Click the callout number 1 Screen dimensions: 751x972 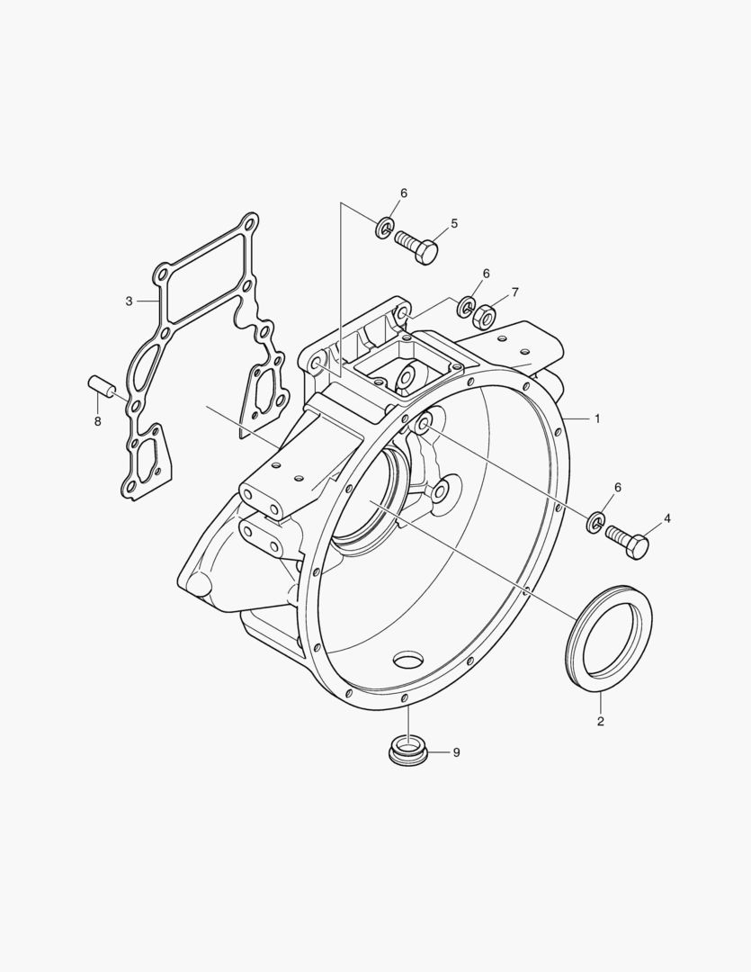pyautogui.click(x=597, y=419)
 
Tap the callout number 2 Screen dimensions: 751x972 pyautogui.click(x=601, y=722)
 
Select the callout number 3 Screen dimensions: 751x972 pyautogui.click(x=129, y=301)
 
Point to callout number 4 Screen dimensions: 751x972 pyautogui.click(x=667, y=518)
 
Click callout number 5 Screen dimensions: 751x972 pyautogui.click(x=454, y=223)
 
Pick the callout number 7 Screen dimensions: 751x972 pyautogui.click(x=515, y=292)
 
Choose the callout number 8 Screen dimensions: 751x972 pyautogui.click(x=97, y=421)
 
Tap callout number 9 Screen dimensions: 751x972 pyautogui.click(x=457, y=752)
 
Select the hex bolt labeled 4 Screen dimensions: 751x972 pyautogui.click(x=627, y=541)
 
